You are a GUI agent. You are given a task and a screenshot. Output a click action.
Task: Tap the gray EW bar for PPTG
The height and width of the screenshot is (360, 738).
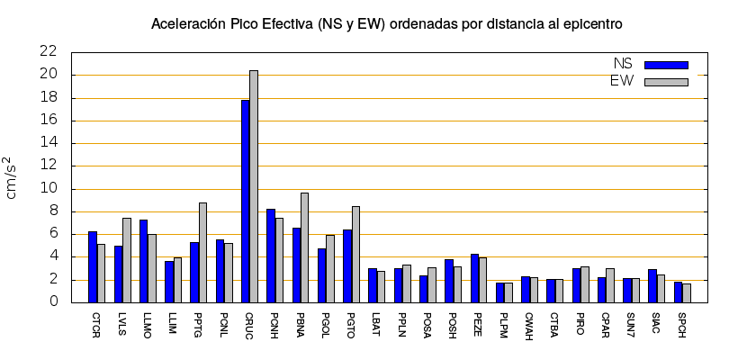point(203,252)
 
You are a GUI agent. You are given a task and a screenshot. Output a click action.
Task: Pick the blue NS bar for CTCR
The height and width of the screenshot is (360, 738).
point(93,266)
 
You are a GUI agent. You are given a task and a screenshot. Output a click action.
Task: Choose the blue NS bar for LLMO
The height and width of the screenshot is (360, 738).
point(144,261)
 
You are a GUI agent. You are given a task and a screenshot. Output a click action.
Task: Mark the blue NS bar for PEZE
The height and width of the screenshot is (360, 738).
point(474,278)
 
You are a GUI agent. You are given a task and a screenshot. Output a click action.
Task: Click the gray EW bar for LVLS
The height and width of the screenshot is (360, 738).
point(127,260)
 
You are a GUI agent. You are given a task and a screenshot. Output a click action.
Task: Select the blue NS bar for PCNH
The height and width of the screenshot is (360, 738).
point(271,256)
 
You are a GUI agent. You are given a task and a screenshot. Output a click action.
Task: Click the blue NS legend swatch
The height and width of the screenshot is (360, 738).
point(666,65)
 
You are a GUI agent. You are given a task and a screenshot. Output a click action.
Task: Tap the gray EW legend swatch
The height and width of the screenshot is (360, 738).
point(666,82)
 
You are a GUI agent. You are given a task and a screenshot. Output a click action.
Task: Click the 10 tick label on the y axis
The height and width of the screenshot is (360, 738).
point(49,189)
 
